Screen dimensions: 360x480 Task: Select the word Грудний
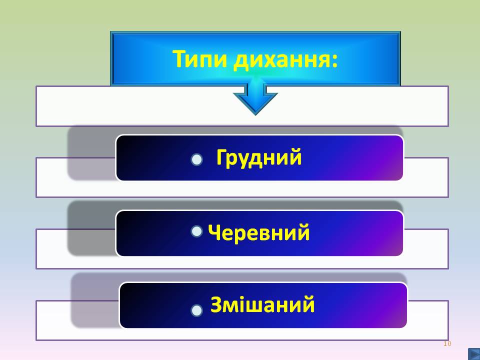tap(259, 158)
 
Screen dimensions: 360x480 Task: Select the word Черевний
tap(259, 233)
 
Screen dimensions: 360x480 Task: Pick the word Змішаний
tap(262, 304)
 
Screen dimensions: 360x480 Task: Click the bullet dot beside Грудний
tap(197, 159)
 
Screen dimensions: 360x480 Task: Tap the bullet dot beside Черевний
tap(197, 231)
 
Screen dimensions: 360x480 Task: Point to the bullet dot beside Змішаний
tap(197, 310)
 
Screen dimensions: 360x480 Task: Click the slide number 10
tap(447, 343)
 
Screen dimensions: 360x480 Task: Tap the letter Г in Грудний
tap(223, 158)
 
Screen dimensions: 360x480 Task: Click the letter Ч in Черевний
tap(215, 233)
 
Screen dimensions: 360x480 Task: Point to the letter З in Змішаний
tap(216, 304)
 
